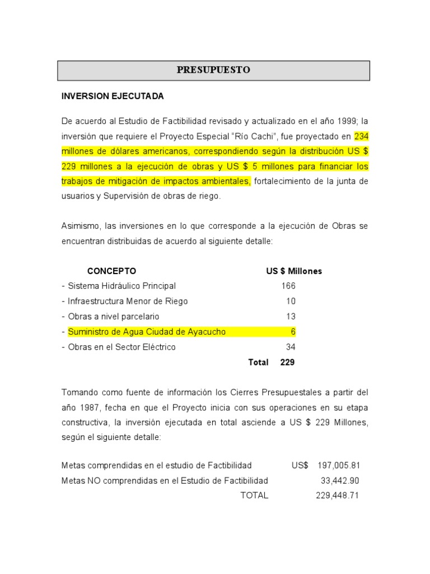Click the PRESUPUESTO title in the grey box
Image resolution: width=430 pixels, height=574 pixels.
tap(213, 70)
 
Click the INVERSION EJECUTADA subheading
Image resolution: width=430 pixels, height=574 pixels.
tap(113, 96)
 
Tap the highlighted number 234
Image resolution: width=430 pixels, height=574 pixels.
tap(362, 136)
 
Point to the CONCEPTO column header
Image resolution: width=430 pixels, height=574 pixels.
tap(111, 271)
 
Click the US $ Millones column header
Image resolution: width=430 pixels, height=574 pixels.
tap(294, 271)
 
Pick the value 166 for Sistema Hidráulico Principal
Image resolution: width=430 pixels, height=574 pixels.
tap(288, 286)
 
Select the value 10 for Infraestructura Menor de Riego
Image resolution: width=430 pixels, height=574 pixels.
tap(291, 301)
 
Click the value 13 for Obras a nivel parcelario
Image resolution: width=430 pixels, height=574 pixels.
tap(291, 317)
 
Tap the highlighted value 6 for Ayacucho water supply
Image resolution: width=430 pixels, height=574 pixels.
tap(293, 332)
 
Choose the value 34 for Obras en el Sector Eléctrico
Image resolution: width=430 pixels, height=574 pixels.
tap(291, 347)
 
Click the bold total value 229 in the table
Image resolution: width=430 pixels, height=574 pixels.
tap(287, 362)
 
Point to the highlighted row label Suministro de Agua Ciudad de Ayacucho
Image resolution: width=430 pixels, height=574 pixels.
tap(147, 332)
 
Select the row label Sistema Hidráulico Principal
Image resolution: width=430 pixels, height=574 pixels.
tap(121, 286)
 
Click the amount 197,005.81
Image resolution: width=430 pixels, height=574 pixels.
tap(338, 465)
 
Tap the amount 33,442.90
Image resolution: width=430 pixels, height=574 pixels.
tap(340, 480)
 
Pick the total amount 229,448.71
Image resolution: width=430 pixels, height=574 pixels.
tap(337, 496)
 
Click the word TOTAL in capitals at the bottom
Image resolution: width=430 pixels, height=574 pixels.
tap(254, 496)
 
